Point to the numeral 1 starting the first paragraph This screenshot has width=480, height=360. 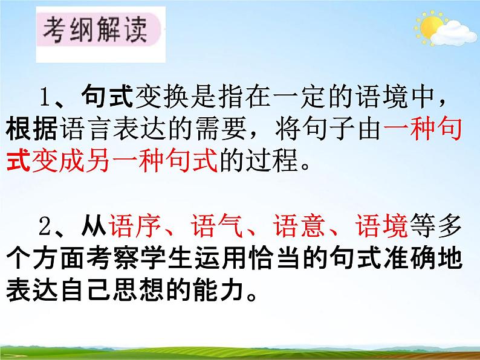pos(44,97)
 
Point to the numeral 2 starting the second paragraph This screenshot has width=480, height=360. pos(44,228)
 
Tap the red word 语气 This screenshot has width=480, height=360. pos(207,228)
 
